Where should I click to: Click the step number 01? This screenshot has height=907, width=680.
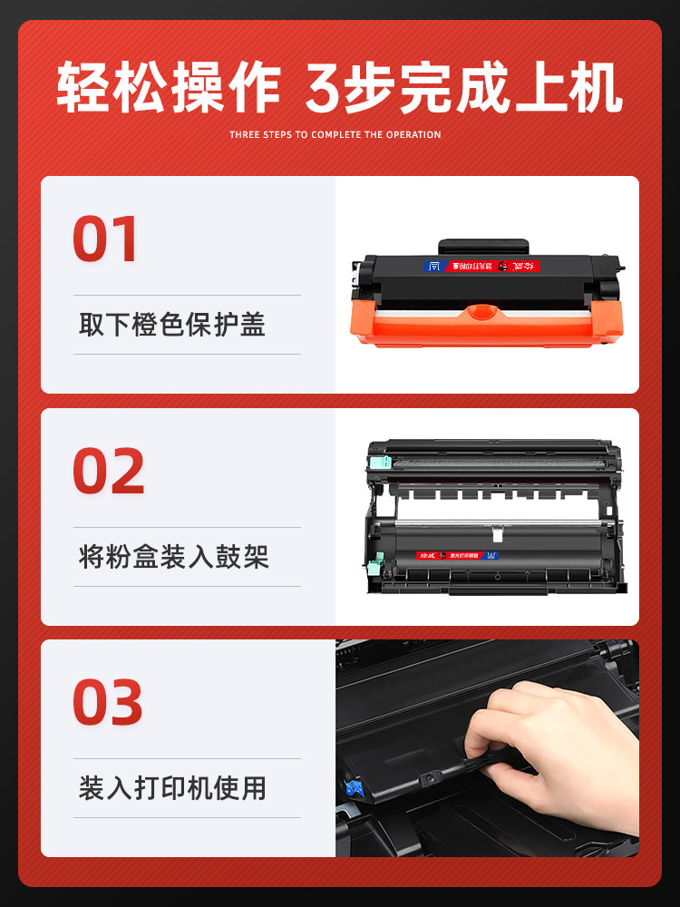pos(105,239)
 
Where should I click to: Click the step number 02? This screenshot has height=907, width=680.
pos(108,471)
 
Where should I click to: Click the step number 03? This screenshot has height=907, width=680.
pos(108,703)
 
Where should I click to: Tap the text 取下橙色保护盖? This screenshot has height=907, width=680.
pos(172,325)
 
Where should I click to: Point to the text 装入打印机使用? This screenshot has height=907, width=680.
pos(172,787)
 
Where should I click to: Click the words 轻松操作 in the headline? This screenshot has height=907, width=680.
pos(168,89)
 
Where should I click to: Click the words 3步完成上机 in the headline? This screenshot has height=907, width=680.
pos(463,89)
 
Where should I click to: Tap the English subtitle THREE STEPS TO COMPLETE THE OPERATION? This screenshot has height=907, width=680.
pos(335,134)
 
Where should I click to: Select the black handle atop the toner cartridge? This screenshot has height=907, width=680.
pos(483,246)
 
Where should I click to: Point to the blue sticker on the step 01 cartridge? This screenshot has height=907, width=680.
pos(432,267)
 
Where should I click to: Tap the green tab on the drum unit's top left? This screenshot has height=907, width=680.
pos(380,462)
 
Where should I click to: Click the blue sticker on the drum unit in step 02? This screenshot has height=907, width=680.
pos(494,554)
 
